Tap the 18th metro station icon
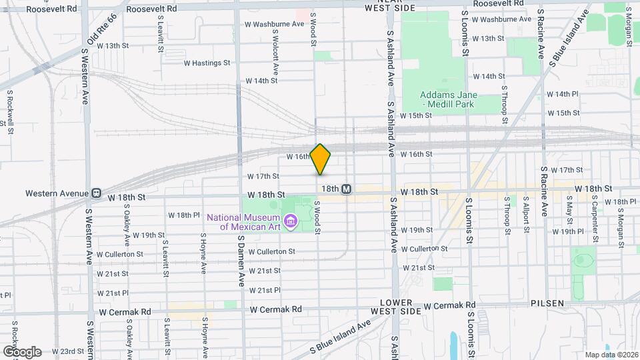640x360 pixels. tap(347, 189)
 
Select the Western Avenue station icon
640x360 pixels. tap(97, 193)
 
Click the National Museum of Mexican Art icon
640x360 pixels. tap(291, 221)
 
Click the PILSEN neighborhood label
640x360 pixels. tap(547, 303)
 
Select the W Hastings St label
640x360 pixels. tap(207, 63)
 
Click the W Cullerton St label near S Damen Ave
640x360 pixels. tap(271, 251)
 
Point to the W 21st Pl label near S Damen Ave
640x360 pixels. tap(265, 290)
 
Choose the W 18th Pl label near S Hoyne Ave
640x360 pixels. tap(184, 215)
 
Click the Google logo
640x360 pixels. tap(22, 351)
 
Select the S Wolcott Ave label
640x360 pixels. tap(274, 43)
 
